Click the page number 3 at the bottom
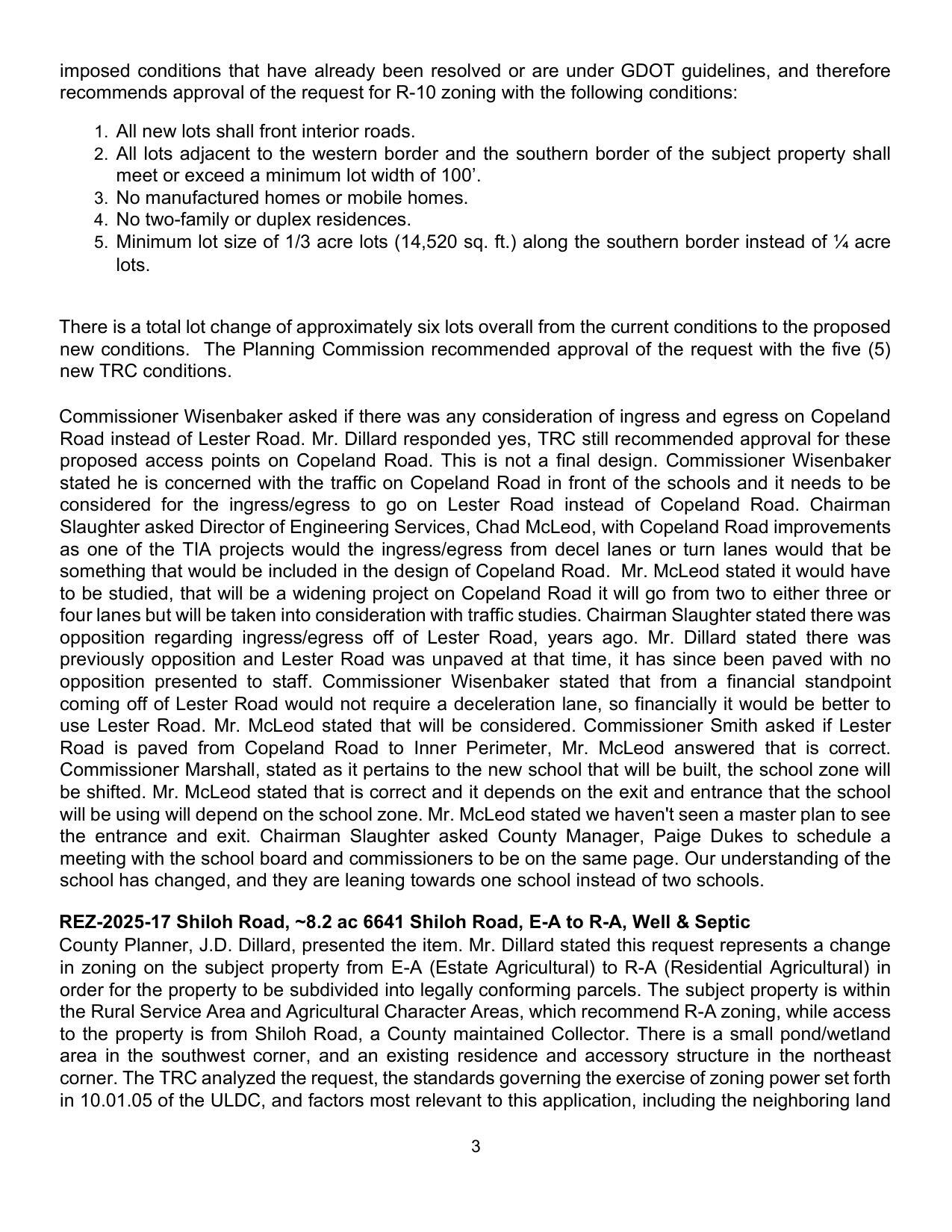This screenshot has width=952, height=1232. (476, 1147)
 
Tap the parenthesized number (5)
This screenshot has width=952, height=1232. (878, 349)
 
